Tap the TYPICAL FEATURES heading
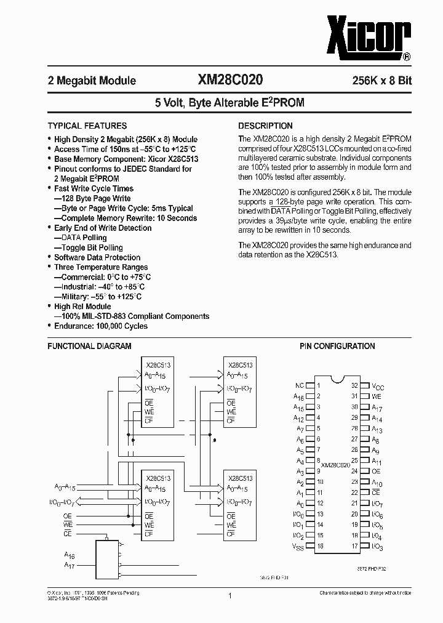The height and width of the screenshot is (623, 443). coord(87,126)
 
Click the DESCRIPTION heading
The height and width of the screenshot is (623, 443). coord(265,126)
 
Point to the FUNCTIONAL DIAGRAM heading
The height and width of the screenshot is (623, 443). coord(89,347)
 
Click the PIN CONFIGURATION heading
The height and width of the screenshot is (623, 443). coord(337,347)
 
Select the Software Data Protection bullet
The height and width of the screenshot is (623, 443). coord(97,257)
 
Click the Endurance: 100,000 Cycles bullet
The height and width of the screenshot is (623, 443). coord(100,326)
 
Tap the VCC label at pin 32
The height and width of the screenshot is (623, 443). coord(377,387)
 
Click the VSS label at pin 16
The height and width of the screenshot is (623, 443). coord(299,547)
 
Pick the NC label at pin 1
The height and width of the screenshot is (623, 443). coord(300,386)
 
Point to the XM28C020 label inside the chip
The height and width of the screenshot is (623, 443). coord(336,465)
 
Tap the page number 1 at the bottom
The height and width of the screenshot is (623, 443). coord(229,596)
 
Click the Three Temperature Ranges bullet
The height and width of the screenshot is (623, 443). coord(101,267)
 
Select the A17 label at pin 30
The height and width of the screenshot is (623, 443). coord(377,408)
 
